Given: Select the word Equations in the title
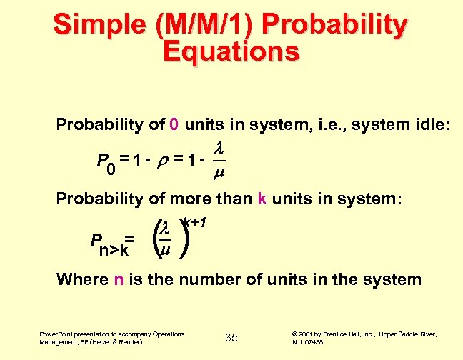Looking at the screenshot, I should (231, 51).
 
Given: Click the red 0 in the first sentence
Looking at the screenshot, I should (174, 125).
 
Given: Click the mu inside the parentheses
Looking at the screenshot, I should (165, 251).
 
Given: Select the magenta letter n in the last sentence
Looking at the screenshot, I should (119, 279).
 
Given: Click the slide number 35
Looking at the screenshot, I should (231, 337).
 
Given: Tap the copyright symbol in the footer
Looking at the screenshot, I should (296, 334).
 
